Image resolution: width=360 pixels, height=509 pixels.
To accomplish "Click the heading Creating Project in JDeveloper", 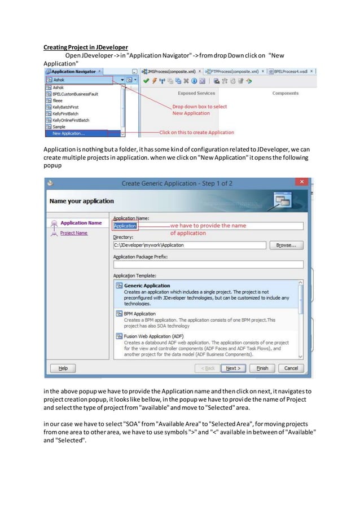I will pos(85,47).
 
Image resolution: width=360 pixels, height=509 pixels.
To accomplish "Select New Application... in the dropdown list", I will pos(68,134).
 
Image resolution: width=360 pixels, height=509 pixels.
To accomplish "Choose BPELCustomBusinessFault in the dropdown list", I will pos(74,94).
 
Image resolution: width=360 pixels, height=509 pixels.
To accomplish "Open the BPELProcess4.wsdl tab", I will pos(293,72).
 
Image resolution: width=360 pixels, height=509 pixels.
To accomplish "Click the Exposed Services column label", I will pos(196,93).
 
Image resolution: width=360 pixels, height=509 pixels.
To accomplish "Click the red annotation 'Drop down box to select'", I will pos(200,107).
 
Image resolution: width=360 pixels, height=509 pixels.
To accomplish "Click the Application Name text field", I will pos(208,226).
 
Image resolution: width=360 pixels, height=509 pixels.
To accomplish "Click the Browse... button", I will pos(287,245).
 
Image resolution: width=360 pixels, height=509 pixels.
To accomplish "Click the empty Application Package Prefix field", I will pos(208,264).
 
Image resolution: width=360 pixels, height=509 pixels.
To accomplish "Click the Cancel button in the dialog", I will pos(291,368).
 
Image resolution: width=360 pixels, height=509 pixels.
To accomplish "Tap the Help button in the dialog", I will pos(63,368).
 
